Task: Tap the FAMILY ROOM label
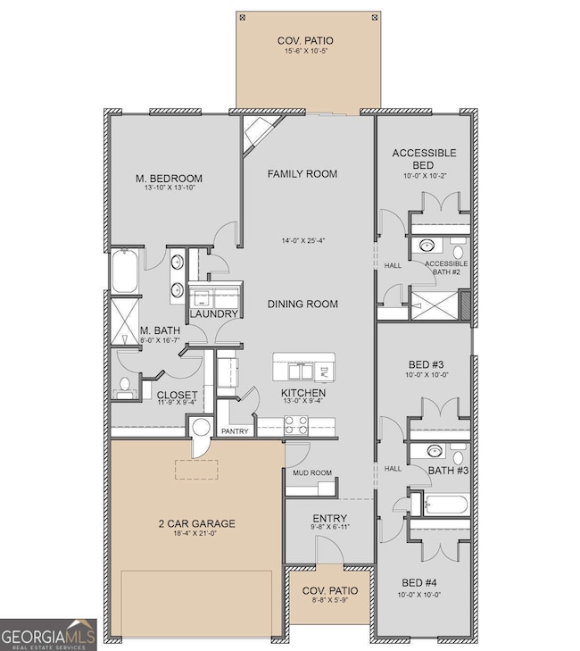coord(302,173)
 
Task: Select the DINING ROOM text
coord(302,304)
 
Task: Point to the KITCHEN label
coord(302,393)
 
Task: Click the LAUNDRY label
coord(213,314)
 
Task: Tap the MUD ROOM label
coord(309,472)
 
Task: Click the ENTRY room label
coord(329,519)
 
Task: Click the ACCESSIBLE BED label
coord(424,159)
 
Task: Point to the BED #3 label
coord(424,364)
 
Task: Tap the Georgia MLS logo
coord(49,632)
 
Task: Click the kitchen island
coord(304,367)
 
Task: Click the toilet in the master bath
coord(124,387)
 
